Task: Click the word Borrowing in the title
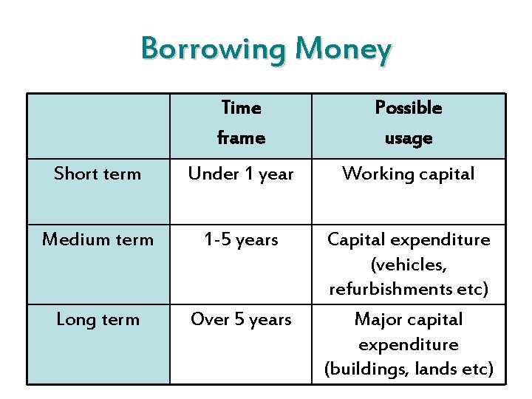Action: coord(214,50)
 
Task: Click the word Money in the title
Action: coord(343,50)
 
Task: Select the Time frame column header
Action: coord(241,123)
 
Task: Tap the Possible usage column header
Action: coord(409,123)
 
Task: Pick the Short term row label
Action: coord(98,174)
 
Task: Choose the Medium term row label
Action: coord(98,239)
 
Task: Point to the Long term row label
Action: coord(98,319)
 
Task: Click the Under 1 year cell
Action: coord(241,174)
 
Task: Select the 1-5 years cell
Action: coord(241,239)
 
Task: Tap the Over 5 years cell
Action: coord(241,319)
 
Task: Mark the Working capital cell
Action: coord(409,174)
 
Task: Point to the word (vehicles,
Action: coord(409,265)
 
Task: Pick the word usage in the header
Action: coord(409,138)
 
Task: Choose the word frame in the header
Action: coord(241,138)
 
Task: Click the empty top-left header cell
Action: coord(98,126)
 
